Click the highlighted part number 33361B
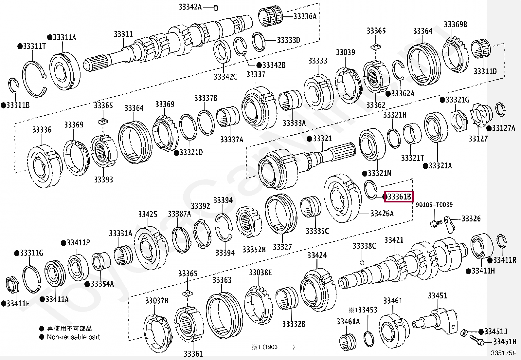coord(399,197)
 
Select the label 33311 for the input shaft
coord(123,34)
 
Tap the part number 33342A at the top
coord(190,7)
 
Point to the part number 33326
coord(471,218)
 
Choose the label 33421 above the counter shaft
coord(394,240)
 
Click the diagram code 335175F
coord(503,353)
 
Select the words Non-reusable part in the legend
coord(73,337)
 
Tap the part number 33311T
coord(34,46)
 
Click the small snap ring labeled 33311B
coord(13,85)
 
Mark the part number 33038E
coord(260,273)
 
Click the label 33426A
coord(382,214)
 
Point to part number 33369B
coord(455,24)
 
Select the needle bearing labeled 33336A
coord(270,16)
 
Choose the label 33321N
coord(379,173)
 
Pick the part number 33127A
coord(503,128)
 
